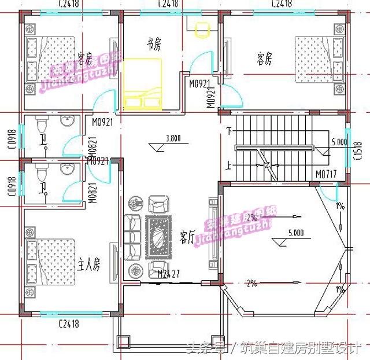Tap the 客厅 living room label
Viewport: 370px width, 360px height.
point(187,237)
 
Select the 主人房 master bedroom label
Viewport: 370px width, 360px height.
point(89,265)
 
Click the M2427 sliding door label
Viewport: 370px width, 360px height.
point(161,273)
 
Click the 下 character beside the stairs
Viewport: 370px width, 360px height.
point(230,129)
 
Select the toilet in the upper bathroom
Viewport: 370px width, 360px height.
point(40,126)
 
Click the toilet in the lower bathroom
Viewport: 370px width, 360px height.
point(40,173)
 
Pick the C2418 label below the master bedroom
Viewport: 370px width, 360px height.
point(69,324)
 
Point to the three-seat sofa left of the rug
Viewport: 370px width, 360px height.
point(132,237)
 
